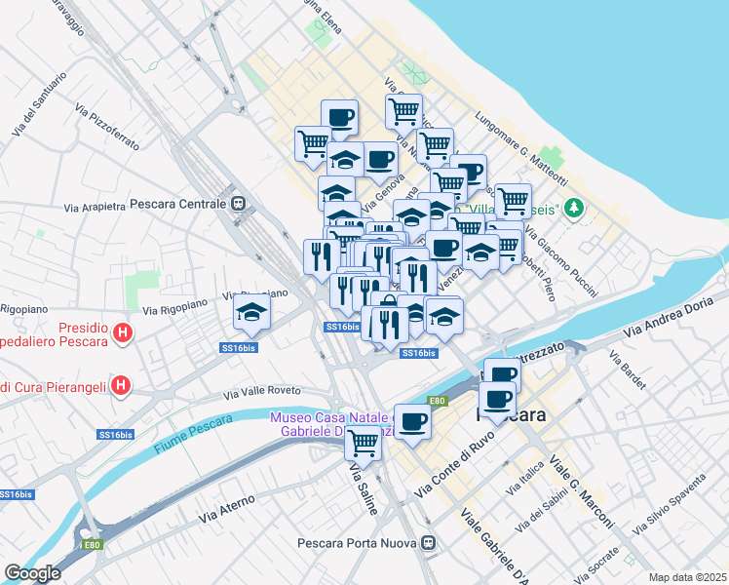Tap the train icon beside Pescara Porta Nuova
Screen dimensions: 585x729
pyautogui.click(x=428, y=544)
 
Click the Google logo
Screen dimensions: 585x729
pyautogui.click(x=32, y=573)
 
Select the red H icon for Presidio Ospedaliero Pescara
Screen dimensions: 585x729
pyautogui.click(x=122, y=333)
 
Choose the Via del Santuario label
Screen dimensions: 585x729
pyautogui.click(x=39, y=105)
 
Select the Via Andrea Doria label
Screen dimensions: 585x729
pyautogui.click(x=671, y=320)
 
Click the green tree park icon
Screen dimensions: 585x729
pyautogui.click(x=575, y=208)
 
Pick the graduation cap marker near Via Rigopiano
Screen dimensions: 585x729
pyautogui.click(x=251, y=313)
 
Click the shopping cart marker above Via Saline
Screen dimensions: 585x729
pyautogui.click(x=363, y=443)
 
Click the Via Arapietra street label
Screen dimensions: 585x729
pyautogui.click(x=95, y=207)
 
